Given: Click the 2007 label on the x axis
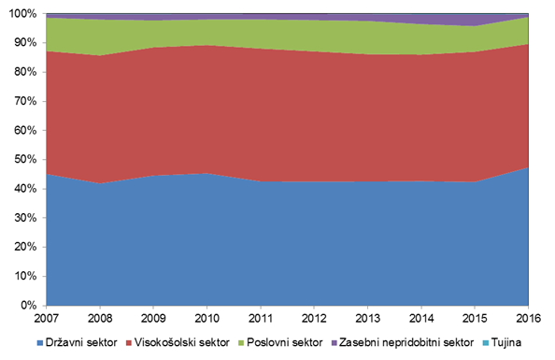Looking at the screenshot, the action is tap(47, 318).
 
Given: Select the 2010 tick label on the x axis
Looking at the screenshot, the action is tap(207, 318).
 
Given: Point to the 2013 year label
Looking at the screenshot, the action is tap(368, 318).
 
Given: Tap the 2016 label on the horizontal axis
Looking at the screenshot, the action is tap(529, 318).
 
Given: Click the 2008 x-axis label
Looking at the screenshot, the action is tap(100, 318).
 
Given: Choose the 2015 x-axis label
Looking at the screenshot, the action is tap(475, 318).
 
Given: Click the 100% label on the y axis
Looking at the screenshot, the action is tap(22, 14).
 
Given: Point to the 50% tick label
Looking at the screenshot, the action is tap(25, 160).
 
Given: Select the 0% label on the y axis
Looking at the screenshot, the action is tap(28, 305).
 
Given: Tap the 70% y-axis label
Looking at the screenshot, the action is tap(25, 101).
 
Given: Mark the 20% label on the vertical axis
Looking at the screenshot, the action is tap(25, 247).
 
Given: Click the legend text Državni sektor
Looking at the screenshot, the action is tap(81, 342).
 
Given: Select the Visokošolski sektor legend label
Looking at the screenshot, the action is tap(182, 342).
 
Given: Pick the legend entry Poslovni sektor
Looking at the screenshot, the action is tap(285, 342).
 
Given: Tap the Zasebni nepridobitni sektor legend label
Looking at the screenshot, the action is tap(406, 342).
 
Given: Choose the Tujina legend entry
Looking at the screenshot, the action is tap(506, 342).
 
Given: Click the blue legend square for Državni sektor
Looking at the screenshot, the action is tap(40, 343).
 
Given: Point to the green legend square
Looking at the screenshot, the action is tap(241, 343).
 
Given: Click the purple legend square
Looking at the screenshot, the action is tap(334, 343).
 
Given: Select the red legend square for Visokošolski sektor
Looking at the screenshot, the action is tap(129, 343).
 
